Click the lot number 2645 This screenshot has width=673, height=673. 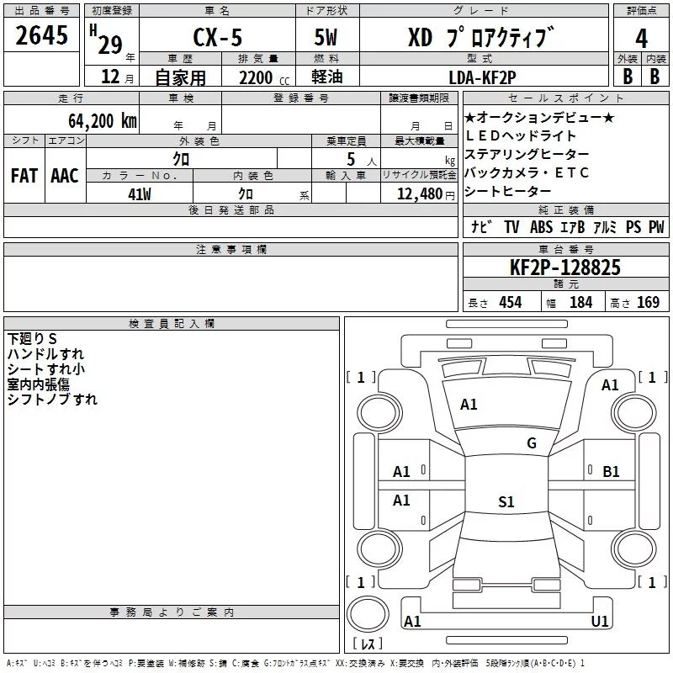pos(41,35)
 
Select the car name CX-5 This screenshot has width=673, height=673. pos(217,37)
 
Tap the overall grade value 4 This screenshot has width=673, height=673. pos(641,39)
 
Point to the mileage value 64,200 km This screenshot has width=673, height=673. pos(103,121)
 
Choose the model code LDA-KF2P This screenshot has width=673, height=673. pos(482,77)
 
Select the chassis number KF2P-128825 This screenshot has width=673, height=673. pos(564,268)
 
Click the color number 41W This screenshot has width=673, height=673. pos(140,194)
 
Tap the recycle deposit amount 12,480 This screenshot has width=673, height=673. pos(419,194)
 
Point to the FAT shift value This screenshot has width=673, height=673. pos(24,176)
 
